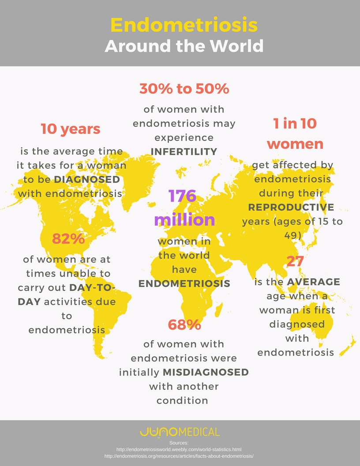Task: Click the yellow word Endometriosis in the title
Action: click(x=184, y=25)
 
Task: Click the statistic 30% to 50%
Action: click(x=184, y=89)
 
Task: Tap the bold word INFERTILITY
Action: click(x=184, y=152)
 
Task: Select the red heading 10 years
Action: click(x=71, y=129)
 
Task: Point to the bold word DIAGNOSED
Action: click(x=87, y=180)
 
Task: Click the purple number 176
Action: click(x=182, y=195)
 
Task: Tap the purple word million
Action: click(x=184, y=220)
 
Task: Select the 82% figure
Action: click(x=68, y=239)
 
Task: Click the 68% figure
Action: click(x=184, y=325)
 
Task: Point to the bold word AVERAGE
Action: click(x=313, y=282)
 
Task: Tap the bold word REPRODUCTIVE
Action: click(x=291, y=207)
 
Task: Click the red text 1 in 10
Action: click(x=295, y=124)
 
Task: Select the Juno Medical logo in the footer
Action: click(x=180, y=432)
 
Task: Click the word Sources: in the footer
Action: click(x=179, y=442)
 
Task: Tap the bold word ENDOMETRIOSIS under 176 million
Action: click(x=184, y=283)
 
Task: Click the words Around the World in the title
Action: click(x=184, y=46)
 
